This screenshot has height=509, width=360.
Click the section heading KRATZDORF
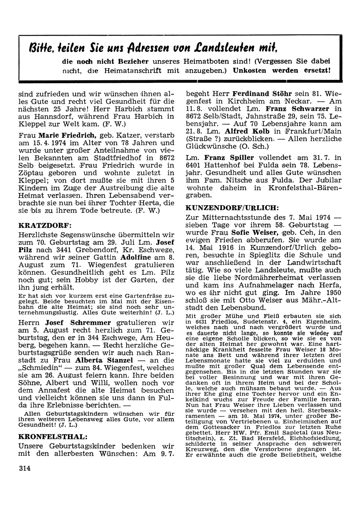(x=45, y=226)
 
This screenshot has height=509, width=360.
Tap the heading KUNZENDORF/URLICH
(x=232, y=208)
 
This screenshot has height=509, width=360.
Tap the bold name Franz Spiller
(x=229, y=157)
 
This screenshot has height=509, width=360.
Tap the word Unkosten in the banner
(x=250, y=70)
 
